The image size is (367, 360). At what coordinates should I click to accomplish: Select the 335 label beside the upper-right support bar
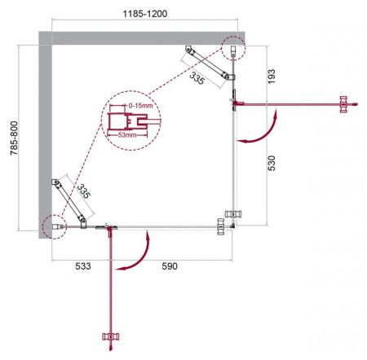(x=196, y=78)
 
